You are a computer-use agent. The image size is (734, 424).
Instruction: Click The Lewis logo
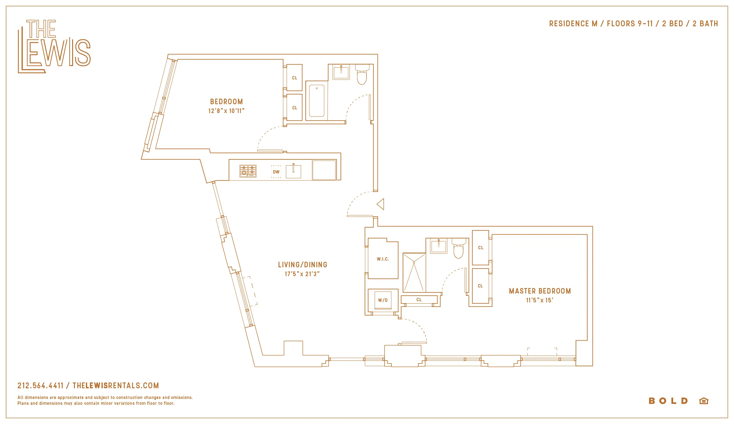coord(54,46)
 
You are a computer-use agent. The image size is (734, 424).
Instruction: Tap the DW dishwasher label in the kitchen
coord(276,172)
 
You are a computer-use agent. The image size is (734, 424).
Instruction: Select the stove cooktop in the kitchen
coord(248,171)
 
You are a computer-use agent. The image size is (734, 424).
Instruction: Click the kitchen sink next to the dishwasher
coord(293,171)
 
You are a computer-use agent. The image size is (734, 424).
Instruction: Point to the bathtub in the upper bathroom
coord(317,101)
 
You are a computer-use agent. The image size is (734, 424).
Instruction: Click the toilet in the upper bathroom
coord(362,75)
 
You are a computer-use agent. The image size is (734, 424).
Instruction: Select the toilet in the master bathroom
coord(458,249)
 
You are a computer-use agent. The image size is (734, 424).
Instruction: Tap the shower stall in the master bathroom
coord(414,272)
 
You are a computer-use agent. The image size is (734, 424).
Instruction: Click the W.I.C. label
coord(383,259)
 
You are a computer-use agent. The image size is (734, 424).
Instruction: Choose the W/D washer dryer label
coord(383,300)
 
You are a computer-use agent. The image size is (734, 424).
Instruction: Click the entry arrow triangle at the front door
coord(381,204)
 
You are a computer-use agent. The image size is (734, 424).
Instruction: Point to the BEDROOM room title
coord(227,102)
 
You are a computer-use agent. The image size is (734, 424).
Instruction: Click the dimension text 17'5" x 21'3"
coord(302,274)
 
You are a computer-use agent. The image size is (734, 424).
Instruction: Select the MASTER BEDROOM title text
coord(540,291)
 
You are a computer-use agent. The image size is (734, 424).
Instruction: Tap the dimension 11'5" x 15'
coord(540,300)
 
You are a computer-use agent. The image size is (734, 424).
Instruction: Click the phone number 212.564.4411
coord(40,386)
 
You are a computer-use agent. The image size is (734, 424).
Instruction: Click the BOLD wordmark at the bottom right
coord(668,401)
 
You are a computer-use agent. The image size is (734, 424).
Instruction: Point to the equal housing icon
coord(704,401)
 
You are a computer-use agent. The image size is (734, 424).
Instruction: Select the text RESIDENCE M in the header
coord(573,24)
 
